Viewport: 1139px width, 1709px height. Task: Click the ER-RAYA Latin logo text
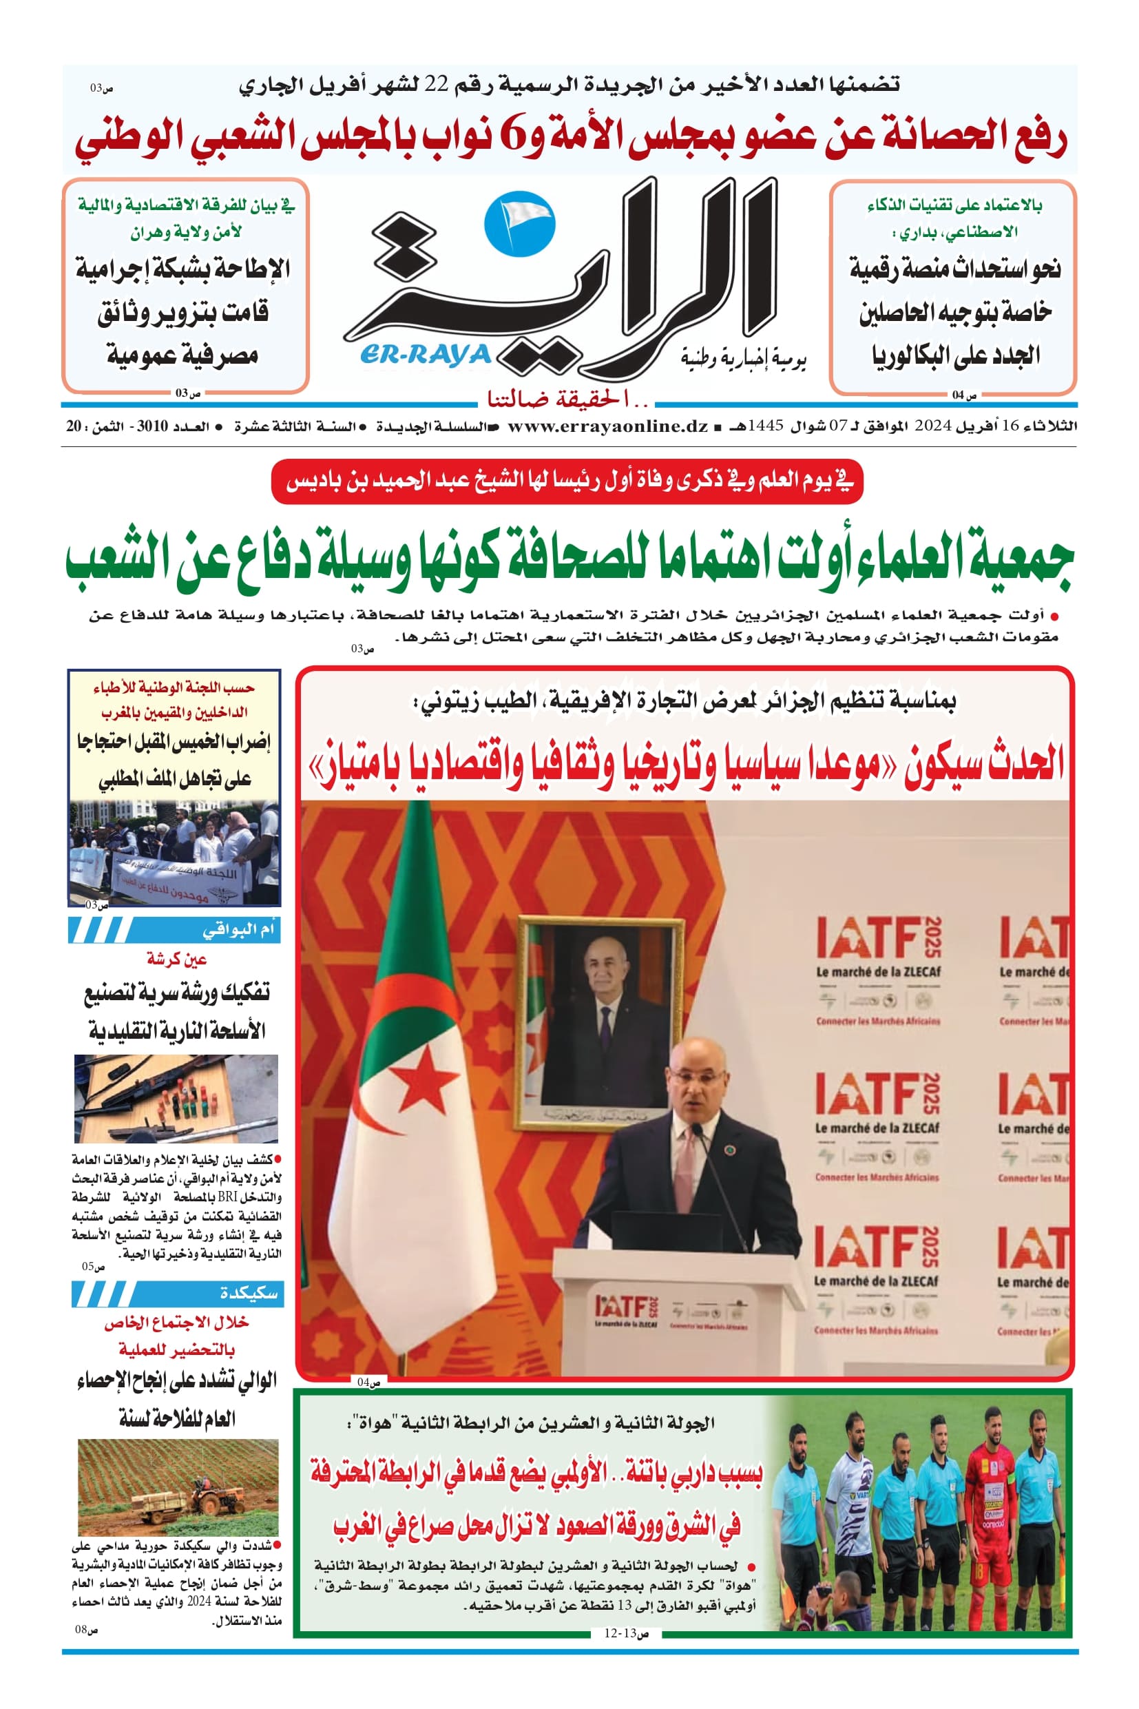426,354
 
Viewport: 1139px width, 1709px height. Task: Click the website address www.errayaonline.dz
607,426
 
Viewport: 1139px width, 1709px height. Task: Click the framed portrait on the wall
600,1023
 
